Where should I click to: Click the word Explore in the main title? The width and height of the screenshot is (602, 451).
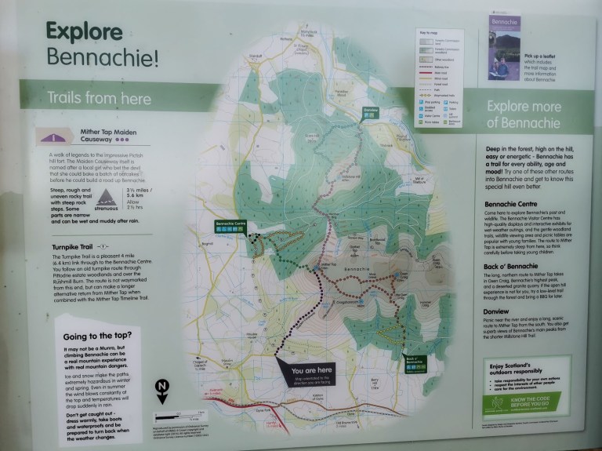pyautogui.click(x=84, y=31)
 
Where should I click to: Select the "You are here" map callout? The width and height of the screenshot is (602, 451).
pyautogui.click(x=312, y=372)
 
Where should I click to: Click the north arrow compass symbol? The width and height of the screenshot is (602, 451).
pyautogui.click(x=161, y=389)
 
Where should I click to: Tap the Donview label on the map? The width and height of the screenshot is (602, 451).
pyautogui.click(x=371, y=111)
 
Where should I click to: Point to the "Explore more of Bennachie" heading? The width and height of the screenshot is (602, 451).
pyautogui.click(x=523, y=115)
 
